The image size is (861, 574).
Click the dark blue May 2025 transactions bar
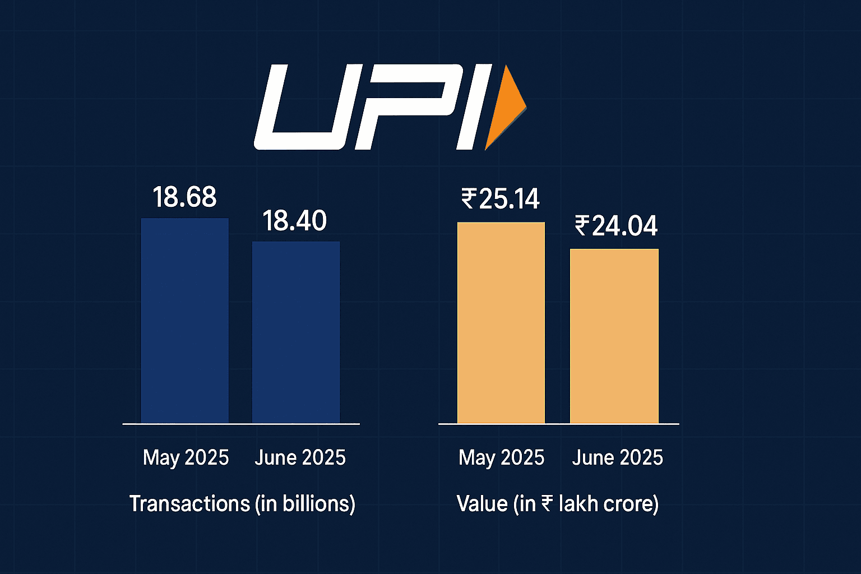click(184, 321)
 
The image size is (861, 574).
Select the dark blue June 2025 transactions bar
click(295, 332)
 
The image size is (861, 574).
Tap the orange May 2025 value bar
click(501, 323)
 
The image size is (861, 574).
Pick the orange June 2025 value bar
click(614, 336)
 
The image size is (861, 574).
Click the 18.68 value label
click(184, 197)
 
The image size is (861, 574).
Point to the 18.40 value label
click(295, 221)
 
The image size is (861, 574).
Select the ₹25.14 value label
click(501, 199)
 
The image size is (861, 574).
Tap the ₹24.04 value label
click(615, 226)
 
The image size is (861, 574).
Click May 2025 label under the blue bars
click(186, 458)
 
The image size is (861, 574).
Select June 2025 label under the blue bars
click(300, 458)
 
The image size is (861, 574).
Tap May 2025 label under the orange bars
click(501, 458)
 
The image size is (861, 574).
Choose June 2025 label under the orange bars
click(617, 458)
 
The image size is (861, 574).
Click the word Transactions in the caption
click(189, 503)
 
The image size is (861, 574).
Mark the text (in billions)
click(305, 503)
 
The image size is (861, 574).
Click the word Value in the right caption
click(482, 503)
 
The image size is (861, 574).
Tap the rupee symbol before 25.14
click(469, 198)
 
